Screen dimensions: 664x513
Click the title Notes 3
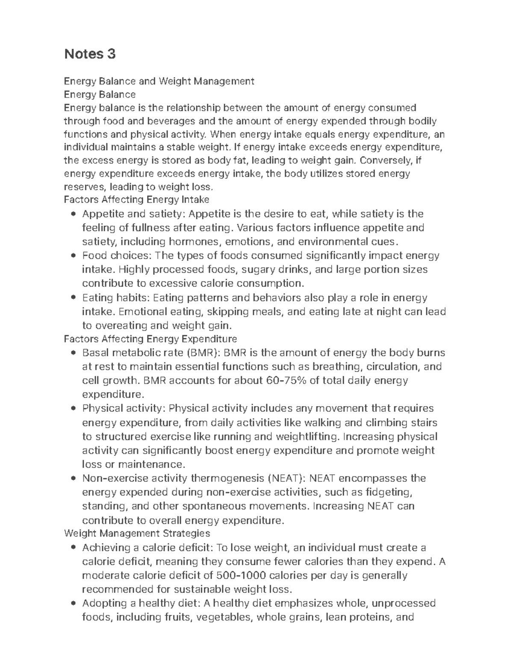[90, 54]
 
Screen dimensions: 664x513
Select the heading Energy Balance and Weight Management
[159, 81]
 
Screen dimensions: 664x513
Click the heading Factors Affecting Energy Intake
[136, 199]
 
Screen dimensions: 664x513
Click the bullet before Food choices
[74, 256]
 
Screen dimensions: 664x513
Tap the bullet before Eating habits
[74, 298]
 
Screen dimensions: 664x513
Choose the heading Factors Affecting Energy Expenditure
[150, 339]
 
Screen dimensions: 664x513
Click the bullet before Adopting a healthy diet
[74, 603]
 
